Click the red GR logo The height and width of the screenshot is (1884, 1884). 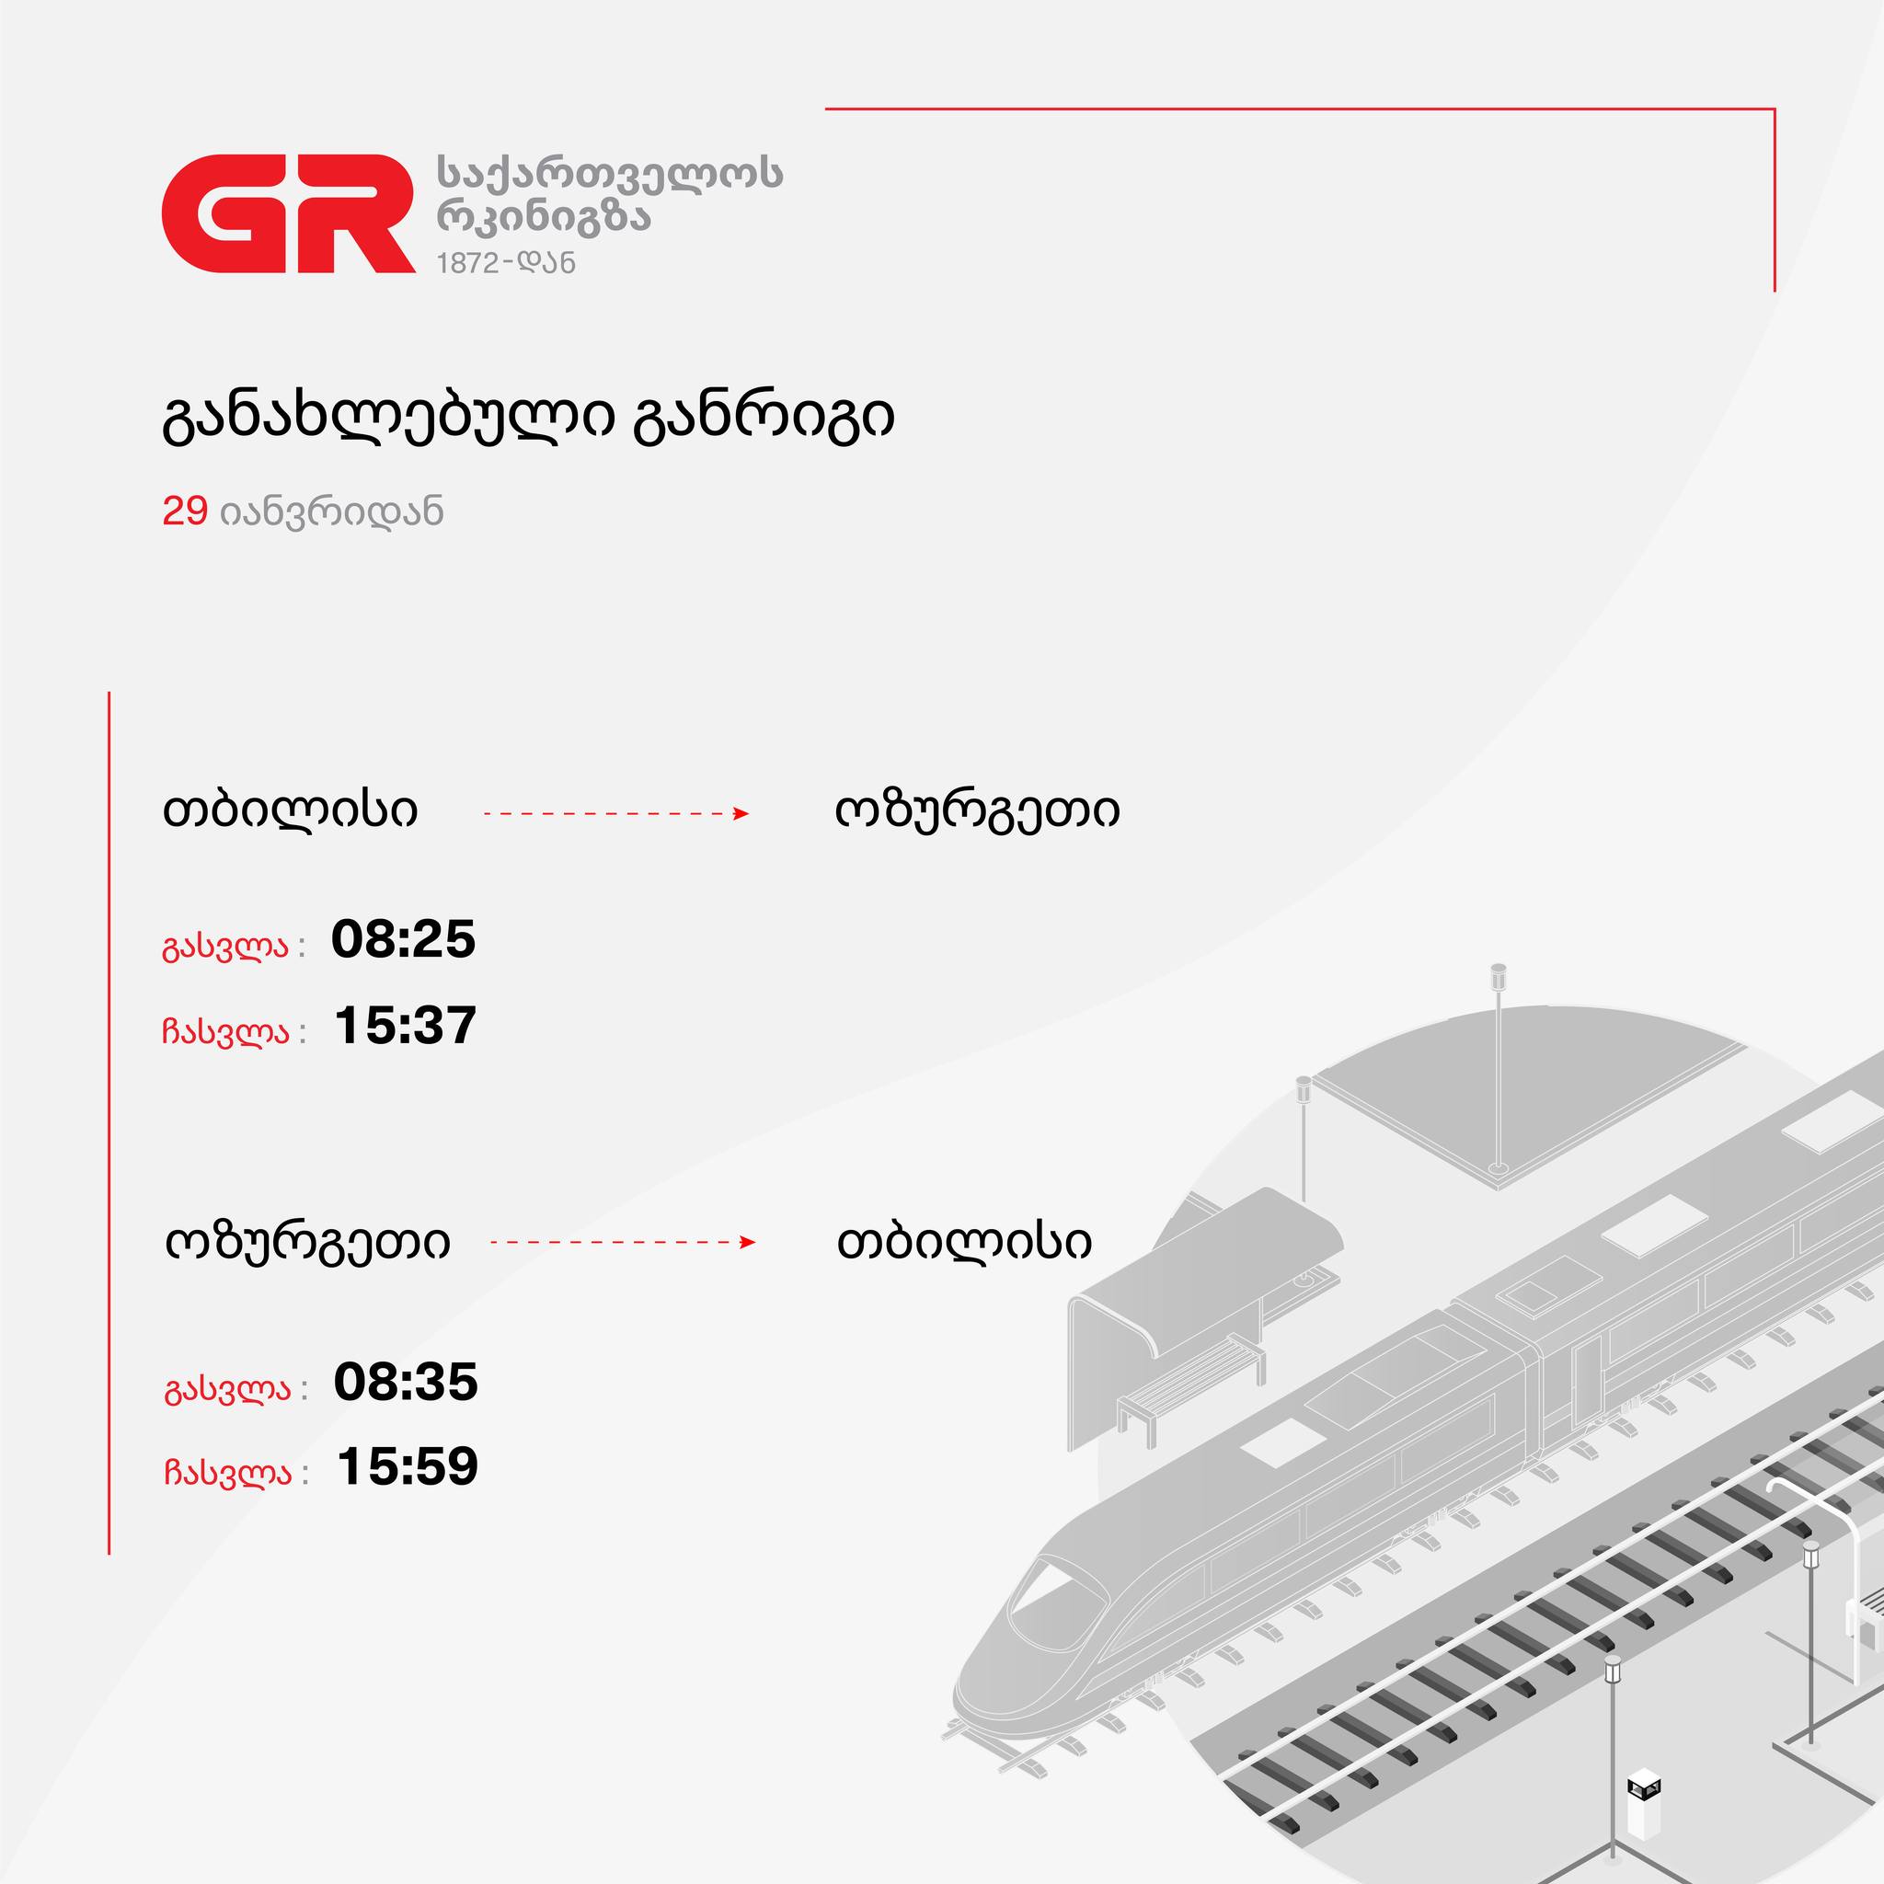click(289, 213)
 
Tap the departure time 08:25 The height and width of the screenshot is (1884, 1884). click(404, 939)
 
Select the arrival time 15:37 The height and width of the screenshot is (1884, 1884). click(406, 1025)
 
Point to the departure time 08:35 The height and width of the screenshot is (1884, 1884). click(406, 1382)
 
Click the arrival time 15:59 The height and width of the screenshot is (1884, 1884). click(408, 1466)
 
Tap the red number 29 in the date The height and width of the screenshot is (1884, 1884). click(185, 511)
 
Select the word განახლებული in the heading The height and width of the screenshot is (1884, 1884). click(387, 418)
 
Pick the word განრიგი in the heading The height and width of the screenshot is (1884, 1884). click(764, 419)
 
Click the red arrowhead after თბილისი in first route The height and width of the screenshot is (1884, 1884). click(741, 813)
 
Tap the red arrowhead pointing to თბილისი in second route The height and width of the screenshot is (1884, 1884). click(748, 1242)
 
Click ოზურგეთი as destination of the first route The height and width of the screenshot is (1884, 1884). click(977, 811)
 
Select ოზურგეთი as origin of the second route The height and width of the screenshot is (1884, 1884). click(308, 1242)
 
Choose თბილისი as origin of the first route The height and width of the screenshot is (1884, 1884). click(290, 810)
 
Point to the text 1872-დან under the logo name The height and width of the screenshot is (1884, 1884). click(506, 262)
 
